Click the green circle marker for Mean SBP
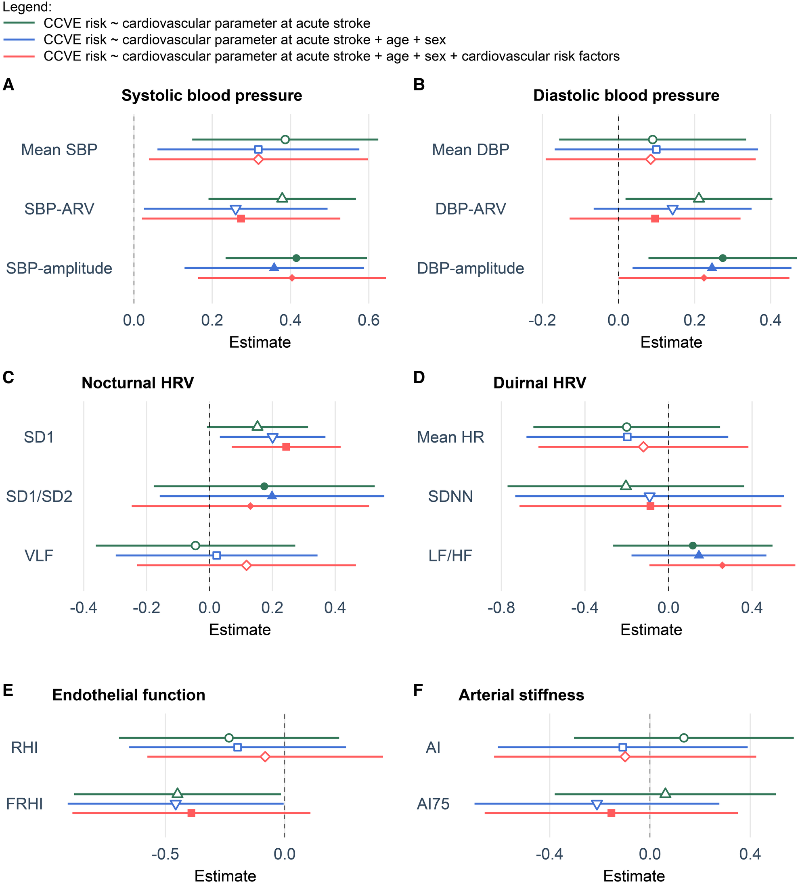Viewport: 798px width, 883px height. click(x=285, y=140)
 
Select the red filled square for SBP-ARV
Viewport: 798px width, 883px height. click(x=241, y=218)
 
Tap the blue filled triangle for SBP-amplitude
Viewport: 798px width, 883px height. click(x=274, y=267)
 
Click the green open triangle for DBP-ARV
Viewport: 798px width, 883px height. click(x=699, y=198)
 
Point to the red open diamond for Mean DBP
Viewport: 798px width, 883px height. click(x=651, y=159)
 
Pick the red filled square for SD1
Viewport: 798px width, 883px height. click(x=286, y=447)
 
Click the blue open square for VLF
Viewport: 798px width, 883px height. click(x=216, y=555)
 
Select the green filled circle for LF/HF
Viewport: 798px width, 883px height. click(x=692, y=545)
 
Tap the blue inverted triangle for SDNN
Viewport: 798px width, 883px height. click(x=649, y=497)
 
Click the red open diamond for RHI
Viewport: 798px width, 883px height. click(x=265, y=756)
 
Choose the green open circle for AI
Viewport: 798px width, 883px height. click(x=684, y=738)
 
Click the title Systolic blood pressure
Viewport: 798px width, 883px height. click(x=212, y=96)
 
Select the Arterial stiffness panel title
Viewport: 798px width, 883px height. click(x=521, y=695)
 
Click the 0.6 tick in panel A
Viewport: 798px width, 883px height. click(x=369, y=321)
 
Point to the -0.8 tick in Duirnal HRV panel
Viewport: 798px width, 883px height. click(x=501, y=607)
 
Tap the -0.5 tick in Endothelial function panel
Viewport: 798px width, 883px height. click(x=165, y=854)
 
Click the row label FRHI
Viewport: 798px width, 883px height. click(x=25, y=804)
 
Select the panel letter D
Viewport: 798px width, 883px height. click(x=419, y=377)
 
